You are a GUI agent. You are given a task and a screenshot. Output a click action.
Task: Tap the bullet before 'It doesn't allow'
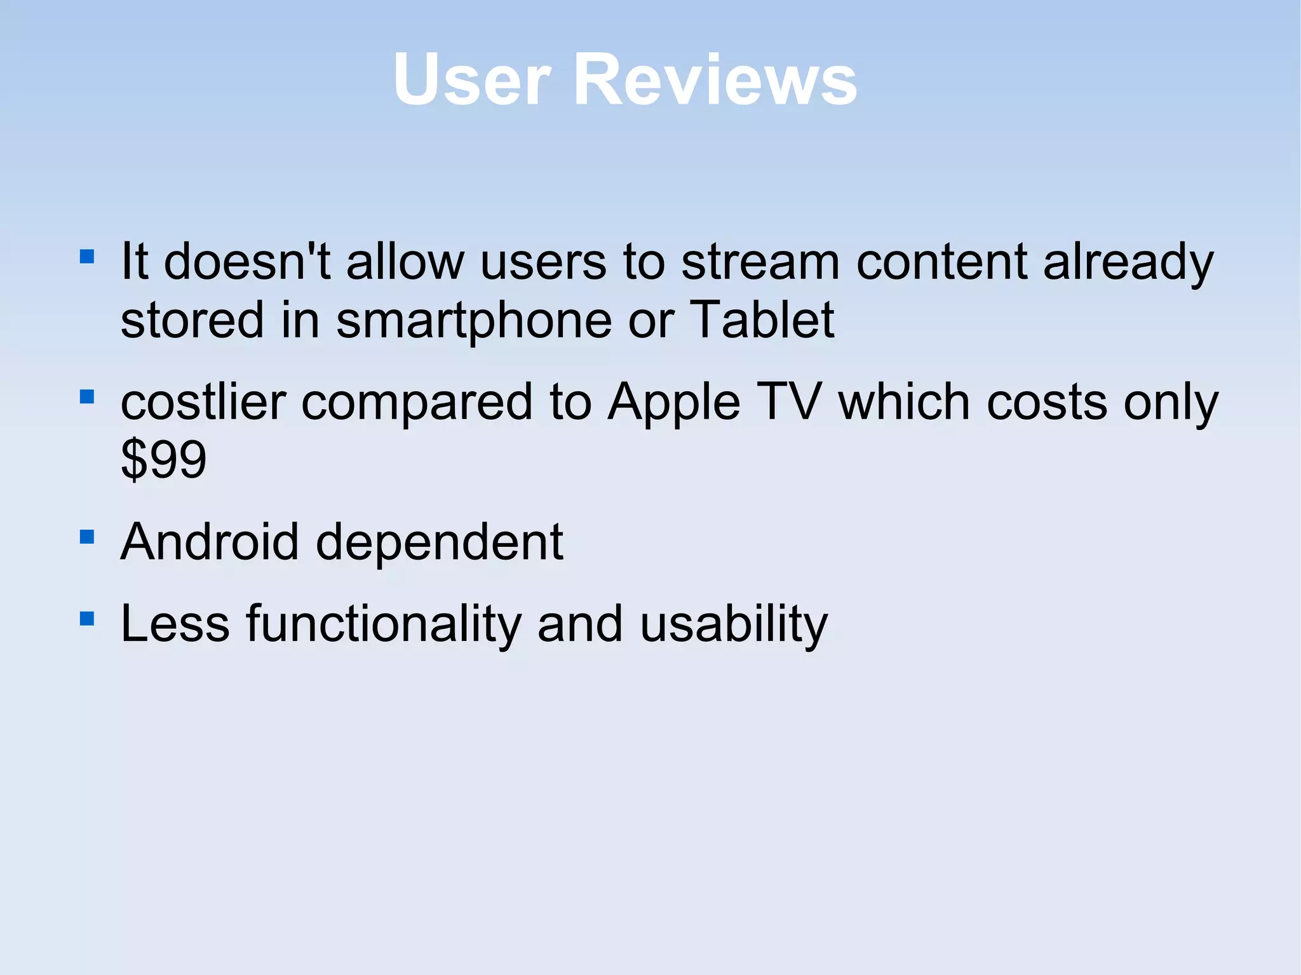(x=87, y=257)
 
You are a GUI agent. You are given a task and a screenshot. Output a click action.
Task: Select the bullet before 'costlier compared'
(x=87, y=397)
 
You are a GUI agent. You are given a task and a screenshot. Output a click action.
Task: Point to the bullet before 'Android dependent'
(x=87, y=537)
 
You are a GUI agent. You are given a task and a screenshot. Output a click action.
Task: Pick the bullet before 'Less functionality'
(x=87, y=619)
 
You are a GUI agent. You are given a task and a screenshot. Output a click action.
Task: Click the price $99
(x=163, y=459)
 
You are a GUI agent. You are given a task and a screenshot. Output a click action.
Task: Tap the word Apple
(x=674, y=404)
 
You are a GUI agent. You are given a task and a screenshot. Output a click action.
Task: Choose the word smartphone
(x=474, y=321)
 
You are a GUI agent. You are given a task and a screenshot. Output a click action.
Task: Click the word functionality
(x=384, y=625)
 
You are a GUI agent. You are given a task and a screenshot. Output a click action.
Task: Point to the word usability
(x=734, y=625)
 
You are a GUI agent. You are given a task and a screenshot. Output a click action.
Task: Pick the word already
(x=1128, y=263)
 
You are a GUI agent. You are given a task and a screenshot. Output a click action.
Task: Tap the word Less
(x=175, y=624)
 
